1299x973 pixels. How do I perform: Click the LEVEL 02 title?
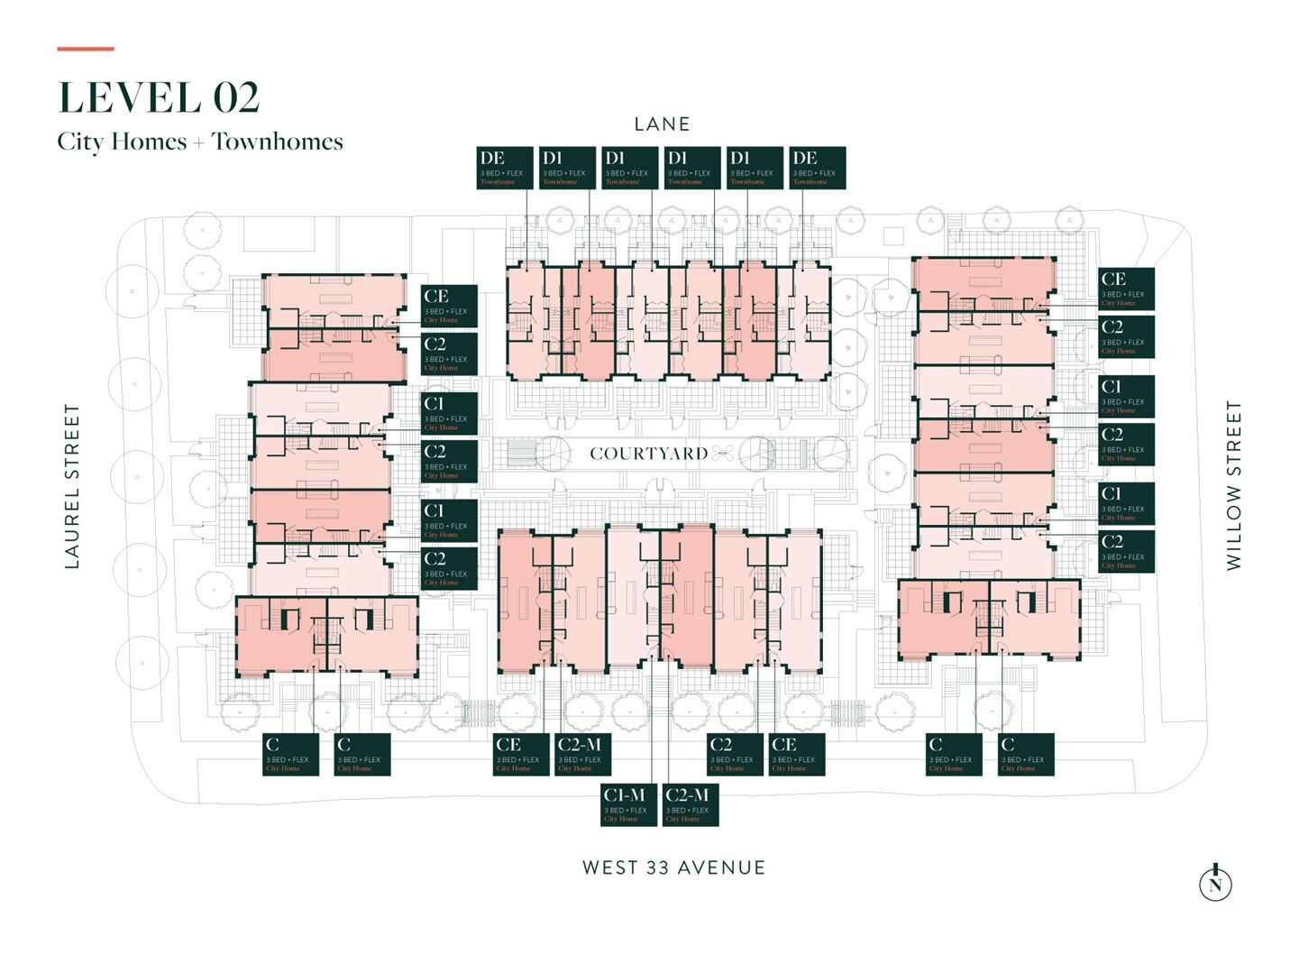[x=159, y=98]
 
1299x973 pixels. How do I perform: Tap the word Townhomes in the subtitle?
[x=278, y=142]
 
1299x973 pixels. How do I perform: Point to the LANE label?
[x=662, y=124]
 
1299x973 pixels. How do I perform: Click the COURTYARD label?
[x=648, y=454]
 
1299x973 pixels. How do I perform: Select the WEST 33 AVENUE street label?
[x=673, y=867]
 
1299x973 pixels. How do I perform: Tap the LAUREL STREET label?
[x=72, y=486]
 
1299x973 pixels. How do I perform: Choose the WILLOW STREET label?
[x=1233, y=485]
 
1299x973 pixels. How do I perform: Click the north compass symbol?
[x=1215, y=883]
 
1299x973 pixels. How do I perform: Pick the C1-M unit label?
[x=628, y=804]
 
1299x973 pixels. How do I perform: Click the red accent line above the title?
[x=86, y=49]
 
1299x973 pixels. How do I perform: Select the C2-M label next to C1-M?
[x=691, y=804]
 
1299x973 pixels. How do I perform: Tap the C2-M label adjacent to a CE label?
[x=583, y=754]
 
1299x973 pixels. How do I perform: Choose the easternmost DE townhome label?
[x=818, y=168]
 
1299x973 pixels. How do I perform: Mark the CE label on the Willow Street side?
[x=1126, y=289]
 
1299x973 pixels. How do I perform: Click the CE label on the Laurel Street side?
[x=449, y=306]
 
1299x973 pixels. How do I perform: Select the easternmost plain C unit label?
[x=1026, y=754]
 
